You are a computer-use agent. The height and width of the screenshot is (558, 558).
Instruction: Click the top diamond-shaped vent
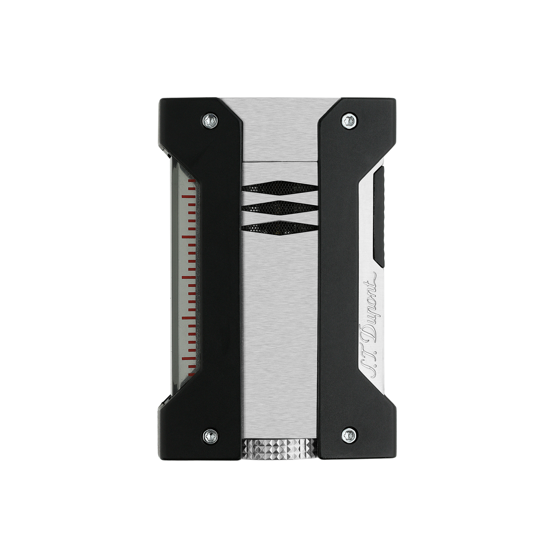pos(279,186)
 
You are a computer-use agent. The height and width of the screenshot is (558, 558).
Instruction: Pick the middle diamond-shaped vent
pos(279,206)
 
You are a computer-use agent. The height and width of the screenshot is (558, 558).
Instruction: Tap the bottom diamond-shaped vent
pos(279,226)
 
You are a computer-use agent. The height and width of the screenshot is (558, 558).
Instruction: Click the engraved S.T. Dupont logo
pos(370,324)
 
